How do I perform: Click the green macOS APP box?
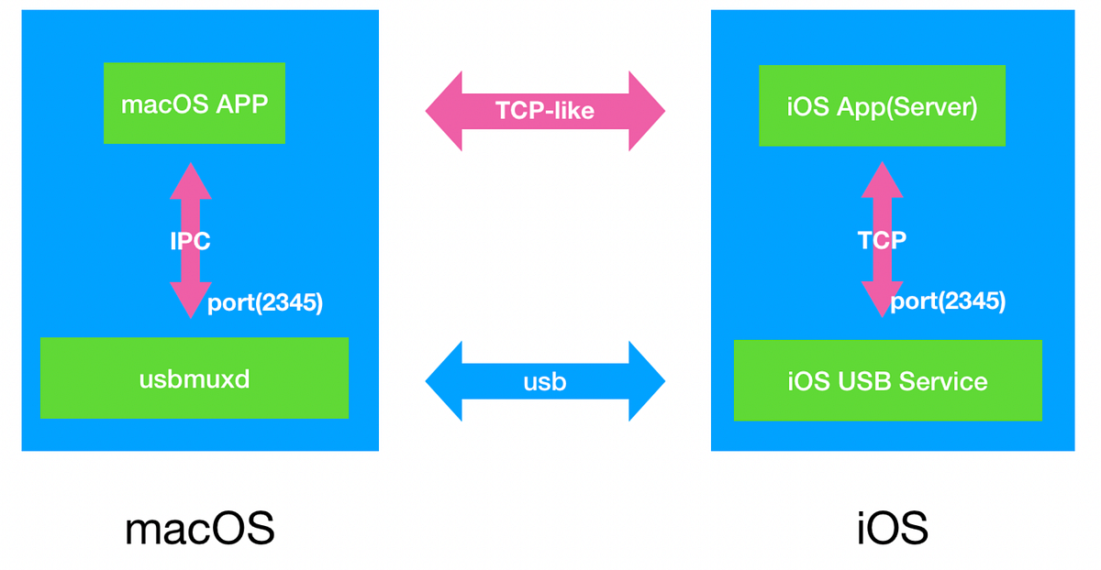(195, 104)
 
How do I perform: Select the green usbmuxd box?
(195, 378)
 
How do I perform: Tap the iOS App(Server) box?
(882, 106)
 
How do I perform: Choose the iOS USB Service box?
(887, 380)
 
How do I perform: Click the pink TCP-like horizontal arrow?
(545, 111)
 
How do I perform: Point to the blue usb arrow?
(545, 381)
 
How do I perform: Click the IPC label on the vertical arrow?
(191, 242)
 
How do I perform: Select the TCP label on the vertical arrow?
(882, 241)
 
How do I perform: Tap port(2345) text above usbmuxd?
(265, 303)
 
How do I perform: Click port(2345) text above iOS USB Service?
(948, 301)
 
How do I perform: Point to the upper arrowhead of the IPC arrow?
(191, 180)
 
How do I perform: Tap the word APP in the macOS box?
(243, 104)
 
